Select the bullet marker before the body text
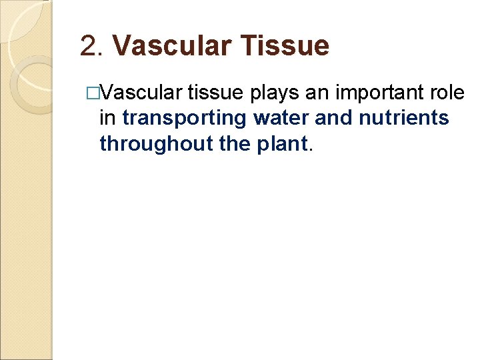click(x=93, y=93)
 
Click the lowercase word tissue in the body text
click(x=217, y=93)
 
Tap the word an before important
click(x=317, y=93)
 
